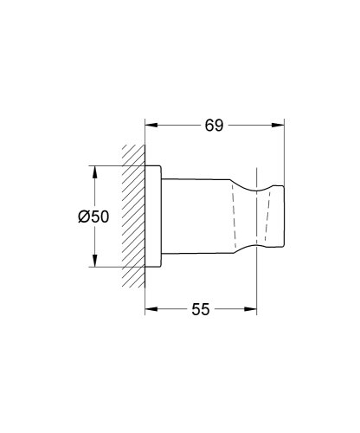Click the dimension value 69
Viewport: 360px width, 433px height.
tap(214, 126)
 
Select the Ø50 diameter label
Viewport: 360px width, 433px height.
tap(93, 218)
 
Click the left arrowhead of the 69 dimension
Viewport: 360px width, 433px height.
tap(149, 126)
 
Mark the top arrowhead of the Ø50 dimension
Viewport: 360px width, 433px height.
tap(93, 166)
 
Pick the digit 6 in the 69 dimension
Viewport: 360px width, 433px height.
tap(208, 126)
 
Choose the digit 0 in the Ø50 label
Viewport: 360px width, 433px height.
tap(103, 218)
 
